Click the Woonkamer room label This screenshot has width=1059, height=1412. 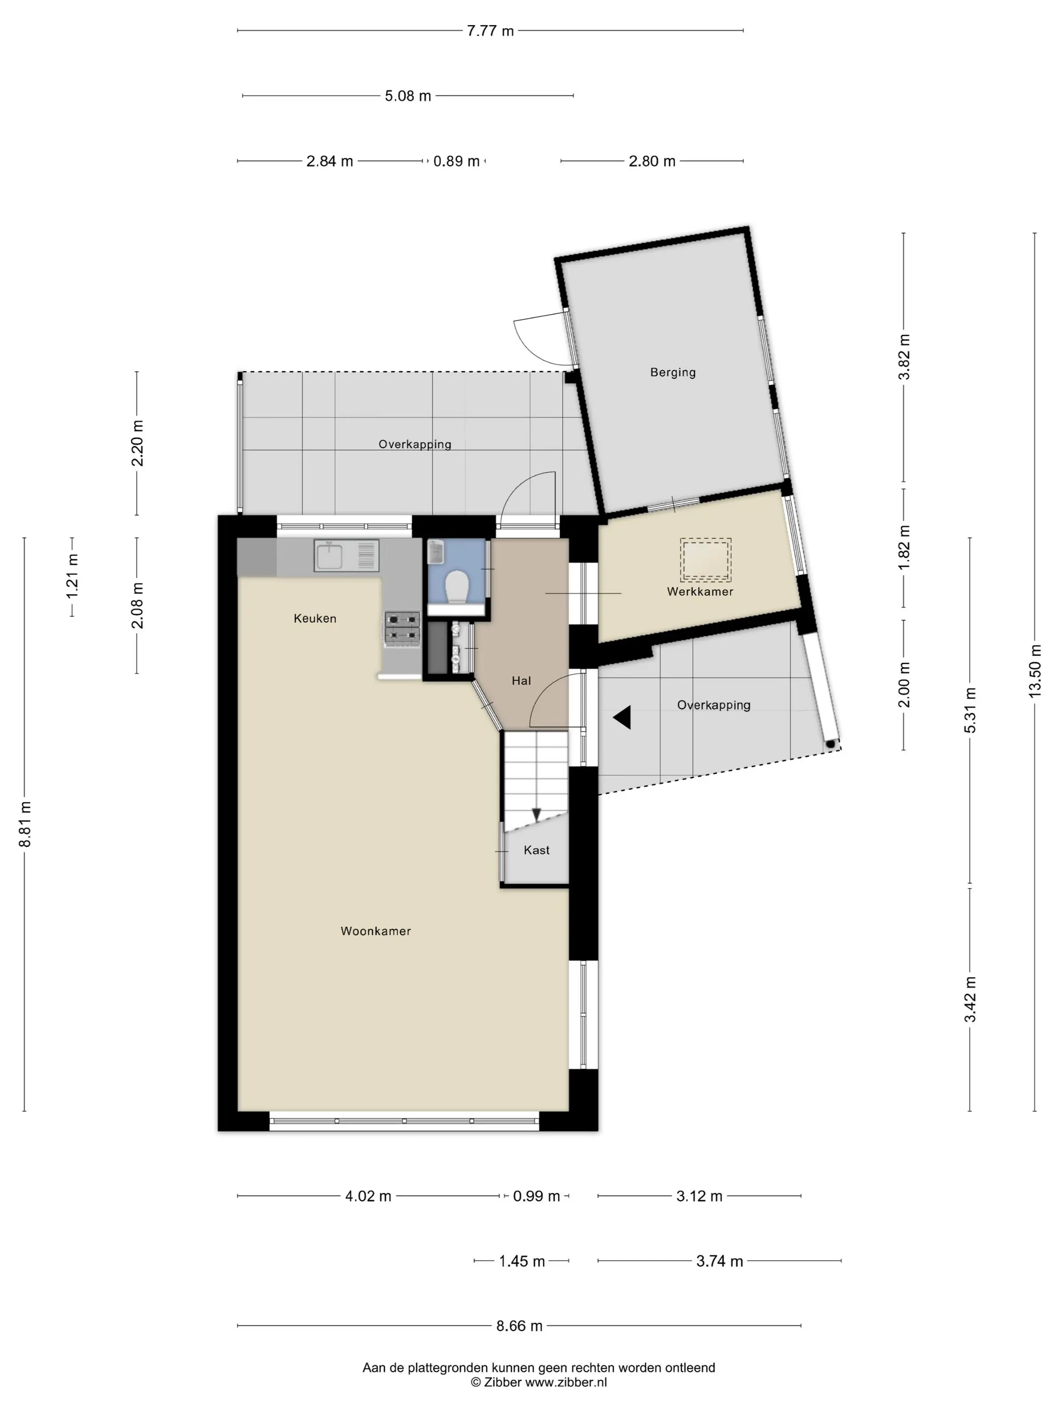(375, 931)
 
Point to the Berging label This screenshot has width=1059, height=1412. (673, 372)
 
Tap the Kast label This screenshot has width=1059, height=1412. (536, 850)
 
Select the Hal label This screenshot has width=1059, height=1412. (521, 681)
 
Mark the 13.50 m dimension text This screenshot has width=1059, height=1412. (1035, 670)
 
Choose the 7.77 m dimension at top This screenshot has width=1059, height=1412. (490, 31)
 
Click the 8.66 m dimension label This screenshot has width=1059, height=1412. (519, 1326)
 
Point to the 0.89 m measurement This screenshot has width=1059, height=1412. (456, 161)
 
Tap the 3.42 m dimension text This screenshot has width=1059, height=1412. (970, 999)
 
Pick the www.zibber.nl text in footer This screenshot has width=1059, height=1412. (566, 1383)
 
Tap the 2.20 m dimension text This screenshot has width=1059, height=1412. (137, 443)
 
